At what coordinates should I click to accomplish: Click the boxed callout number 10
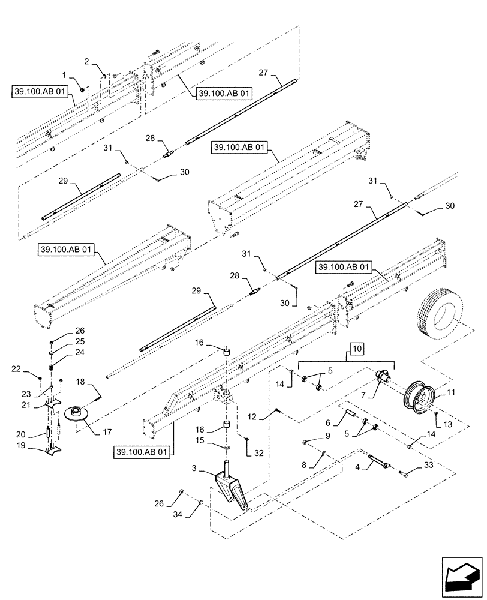pos(356,349)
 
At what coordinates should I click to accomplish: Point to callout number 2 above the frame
pos(86,61)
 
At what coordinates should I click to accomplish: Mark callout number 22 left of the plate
pos(33,368)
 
